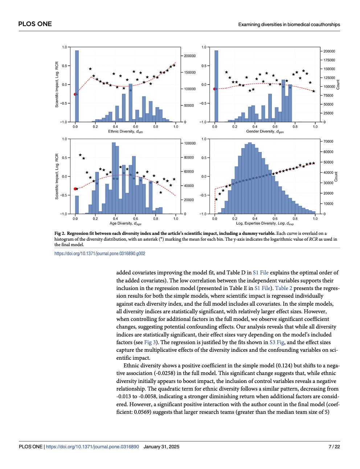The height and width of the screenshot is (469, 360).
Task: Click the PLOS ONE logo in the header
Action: (x=35, y=24)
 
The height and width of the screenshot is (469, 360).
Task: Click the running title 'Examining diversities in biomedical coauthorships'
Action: (x=289, y=25)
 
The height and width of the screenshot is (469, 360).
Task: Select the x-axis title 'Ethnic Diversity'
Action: (x=125, y=131)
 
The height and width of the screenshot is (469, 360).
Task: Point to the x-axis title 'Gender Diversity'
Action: (x=265, y=131)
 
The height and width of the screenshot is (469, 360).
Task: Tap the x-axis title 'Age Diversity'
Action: (x=125, y=224)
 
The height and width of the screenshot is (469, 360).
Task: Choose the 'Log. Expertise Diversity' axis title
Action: (x=265, y=224)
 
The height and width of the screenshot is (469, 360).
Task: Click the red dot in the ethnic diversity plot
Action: (x=75, y=94)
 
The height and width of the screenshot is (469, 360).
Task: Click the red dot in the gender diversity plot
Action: (x=214, y=89)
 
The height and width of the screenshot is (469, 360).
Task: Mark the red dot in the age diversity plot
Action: (x=75, y=189)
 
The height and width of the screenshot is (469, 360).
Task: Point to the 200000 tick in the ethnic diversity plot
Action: (x=189, y=56)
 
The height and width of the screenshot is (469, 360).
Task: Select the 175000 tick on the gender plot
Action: (x=329, y=60)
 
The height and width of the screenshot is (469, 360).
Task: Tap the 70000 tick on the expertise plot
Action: (x=328, y=142)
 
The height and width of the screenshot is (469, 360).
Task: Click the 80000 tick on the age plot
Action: (x=189, y=158)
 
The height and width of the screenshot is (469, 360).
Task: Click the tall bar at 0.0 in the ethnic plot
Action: (x=77, y=87)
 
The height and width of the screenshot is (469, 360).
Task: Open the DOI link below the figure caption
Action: (x=100, y=254)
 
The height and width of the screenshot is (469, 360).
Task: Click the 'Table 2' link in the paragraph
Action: (x=283, y=288)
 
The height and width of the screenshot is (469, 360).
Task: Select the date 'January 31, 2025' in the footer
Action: (x=161, y=447)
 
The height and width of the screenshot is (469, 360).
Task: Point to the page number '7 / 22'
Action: (x=334, y=447)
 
